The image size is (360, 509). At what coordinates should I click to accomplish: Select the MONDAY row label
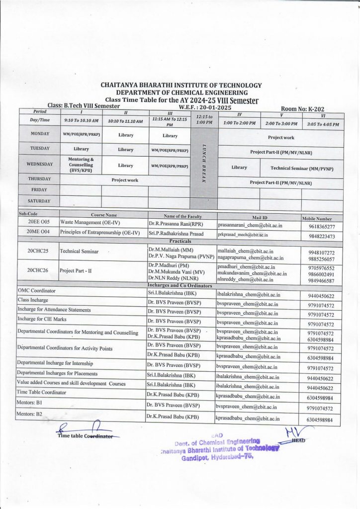40,134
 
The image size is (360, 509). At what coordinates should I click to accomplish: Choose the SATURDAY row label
40,201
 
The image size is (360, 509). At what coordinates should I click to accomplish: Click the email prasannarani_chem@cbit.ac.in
250,225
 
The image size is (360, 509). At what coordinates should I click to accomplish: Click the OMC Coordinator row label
37,290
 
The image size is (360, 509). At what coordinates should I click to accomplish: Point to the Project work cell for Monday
281,137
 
